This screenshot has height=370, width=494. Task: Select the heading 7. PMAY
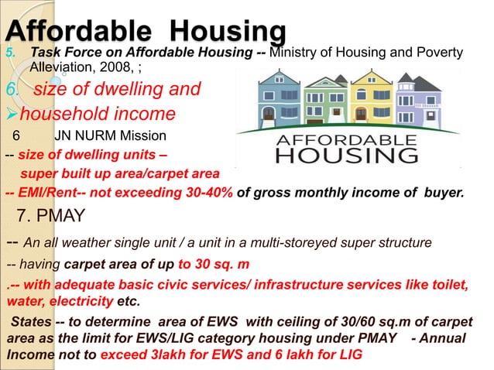[51, 214]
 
